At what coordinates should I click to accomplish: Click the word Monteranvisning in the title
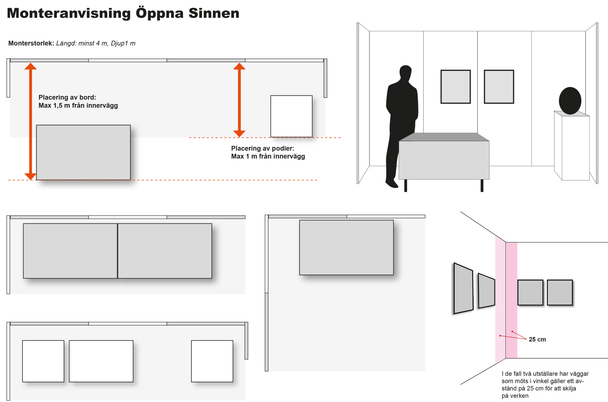point(69,13)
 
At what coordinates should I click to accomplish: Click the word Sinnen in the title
point(214,13)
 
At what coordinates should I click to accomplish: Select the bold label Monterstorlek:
point(31,43)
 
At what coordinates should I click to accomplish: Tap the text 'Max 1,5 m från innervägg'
point(78,105)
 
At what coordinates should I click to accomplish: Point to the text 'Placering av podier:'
point(262,148)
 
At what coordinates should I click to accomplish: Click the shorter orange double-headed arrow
point(239,100)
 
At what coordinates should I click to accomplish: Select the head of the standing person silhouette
point(405,72)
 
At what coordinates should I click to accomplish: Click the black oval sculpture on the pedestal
point(570,101)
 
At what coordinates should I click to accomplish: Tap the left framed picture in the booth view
point(456,87)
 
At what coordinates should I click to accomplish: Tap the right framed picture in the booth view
point(499,87)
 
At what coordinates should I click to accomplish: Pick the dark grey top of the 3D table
point(444,137)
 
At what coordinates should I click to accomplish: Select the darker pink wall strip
point(511,300)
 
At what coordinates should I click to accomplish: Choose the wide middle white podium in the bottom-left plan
point(101,361)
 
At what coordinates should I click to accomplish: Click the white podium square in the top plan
point(291,116)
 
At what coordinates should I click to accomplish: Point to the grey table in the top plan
point(83,152)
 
